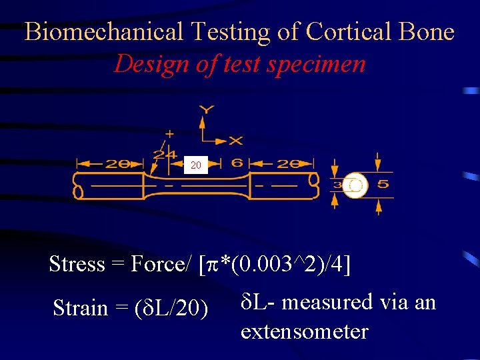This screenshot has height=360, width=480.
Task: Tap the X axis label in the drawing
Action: [236, 141]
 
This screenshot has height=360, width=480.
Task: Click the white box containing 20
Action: [195, 164]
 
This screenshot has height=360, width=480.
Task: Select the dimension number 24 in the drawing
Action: [164, 154]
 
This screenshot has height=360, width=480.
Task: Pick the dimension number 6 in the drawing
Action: [237, 163]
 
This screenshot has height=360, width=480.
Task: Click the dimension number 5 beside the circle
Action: [383, 184]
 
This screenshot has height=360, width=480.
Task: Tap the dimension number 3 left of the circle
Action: [337, 185]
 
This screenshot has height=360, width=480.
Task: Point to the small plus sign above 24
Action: [169, 133]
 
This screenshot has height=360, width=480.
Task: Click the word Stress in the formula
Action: [77, 264]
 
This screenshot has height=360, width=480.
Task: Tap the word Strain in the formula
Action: [80, 308]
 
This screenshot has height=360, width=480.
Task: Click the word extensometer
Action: [304, 331]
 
